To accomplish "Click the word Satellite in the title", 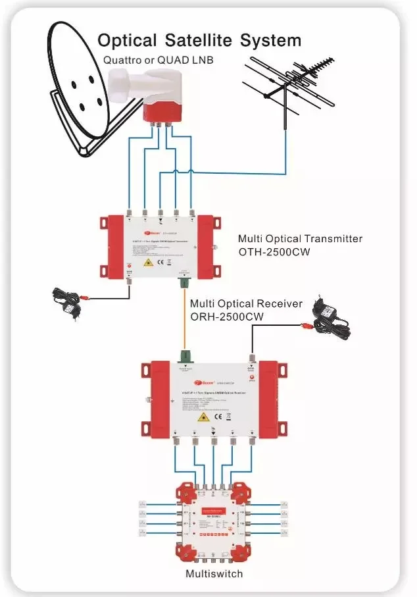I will pyautogui.click(x=197, y=40).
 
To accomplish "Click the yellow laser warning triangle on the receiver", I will pyautogui.click(x=203, y=417).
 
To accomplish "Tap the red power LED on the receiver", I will pyautogui.click(x=251, y=373).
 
